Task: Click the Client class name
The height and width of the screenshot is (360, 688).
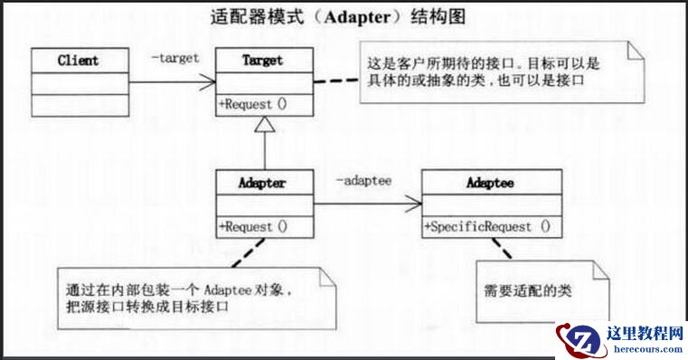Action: pos(78,62)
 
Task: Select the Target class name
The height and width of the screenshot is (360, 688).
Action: pos(263,61)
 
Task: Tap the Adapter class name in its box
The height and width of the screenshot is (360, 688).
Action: pos(264,183)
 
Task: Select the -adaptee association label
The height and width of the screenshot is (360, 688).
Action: pos(363,181)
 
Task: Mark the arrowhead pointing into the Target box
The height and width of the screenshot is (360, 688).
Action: pos(210,82)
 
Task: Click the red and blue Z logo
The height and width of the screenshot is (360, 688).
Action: pos(579,341)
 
